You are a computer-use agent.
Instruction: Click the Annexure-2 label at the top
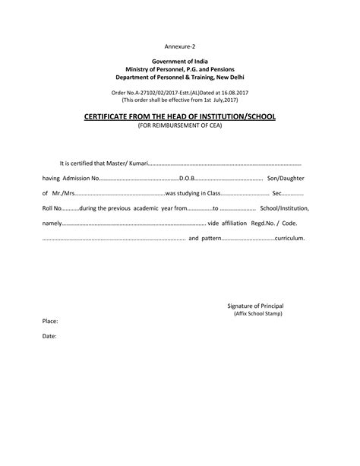179,46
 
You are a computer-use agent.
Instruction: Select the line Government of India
180,61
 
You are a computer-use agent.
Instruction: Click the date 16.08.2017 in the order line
229,92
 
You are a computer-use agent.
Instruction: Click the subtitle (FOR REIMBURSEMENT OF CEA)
179,125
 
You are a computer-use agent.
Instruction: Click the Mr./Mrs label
63,193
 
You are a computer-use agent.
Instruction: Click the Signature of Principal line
255,306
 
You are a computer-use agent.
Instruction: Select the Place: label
50,322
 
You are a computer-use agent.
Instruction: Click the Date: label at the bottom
49,335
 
